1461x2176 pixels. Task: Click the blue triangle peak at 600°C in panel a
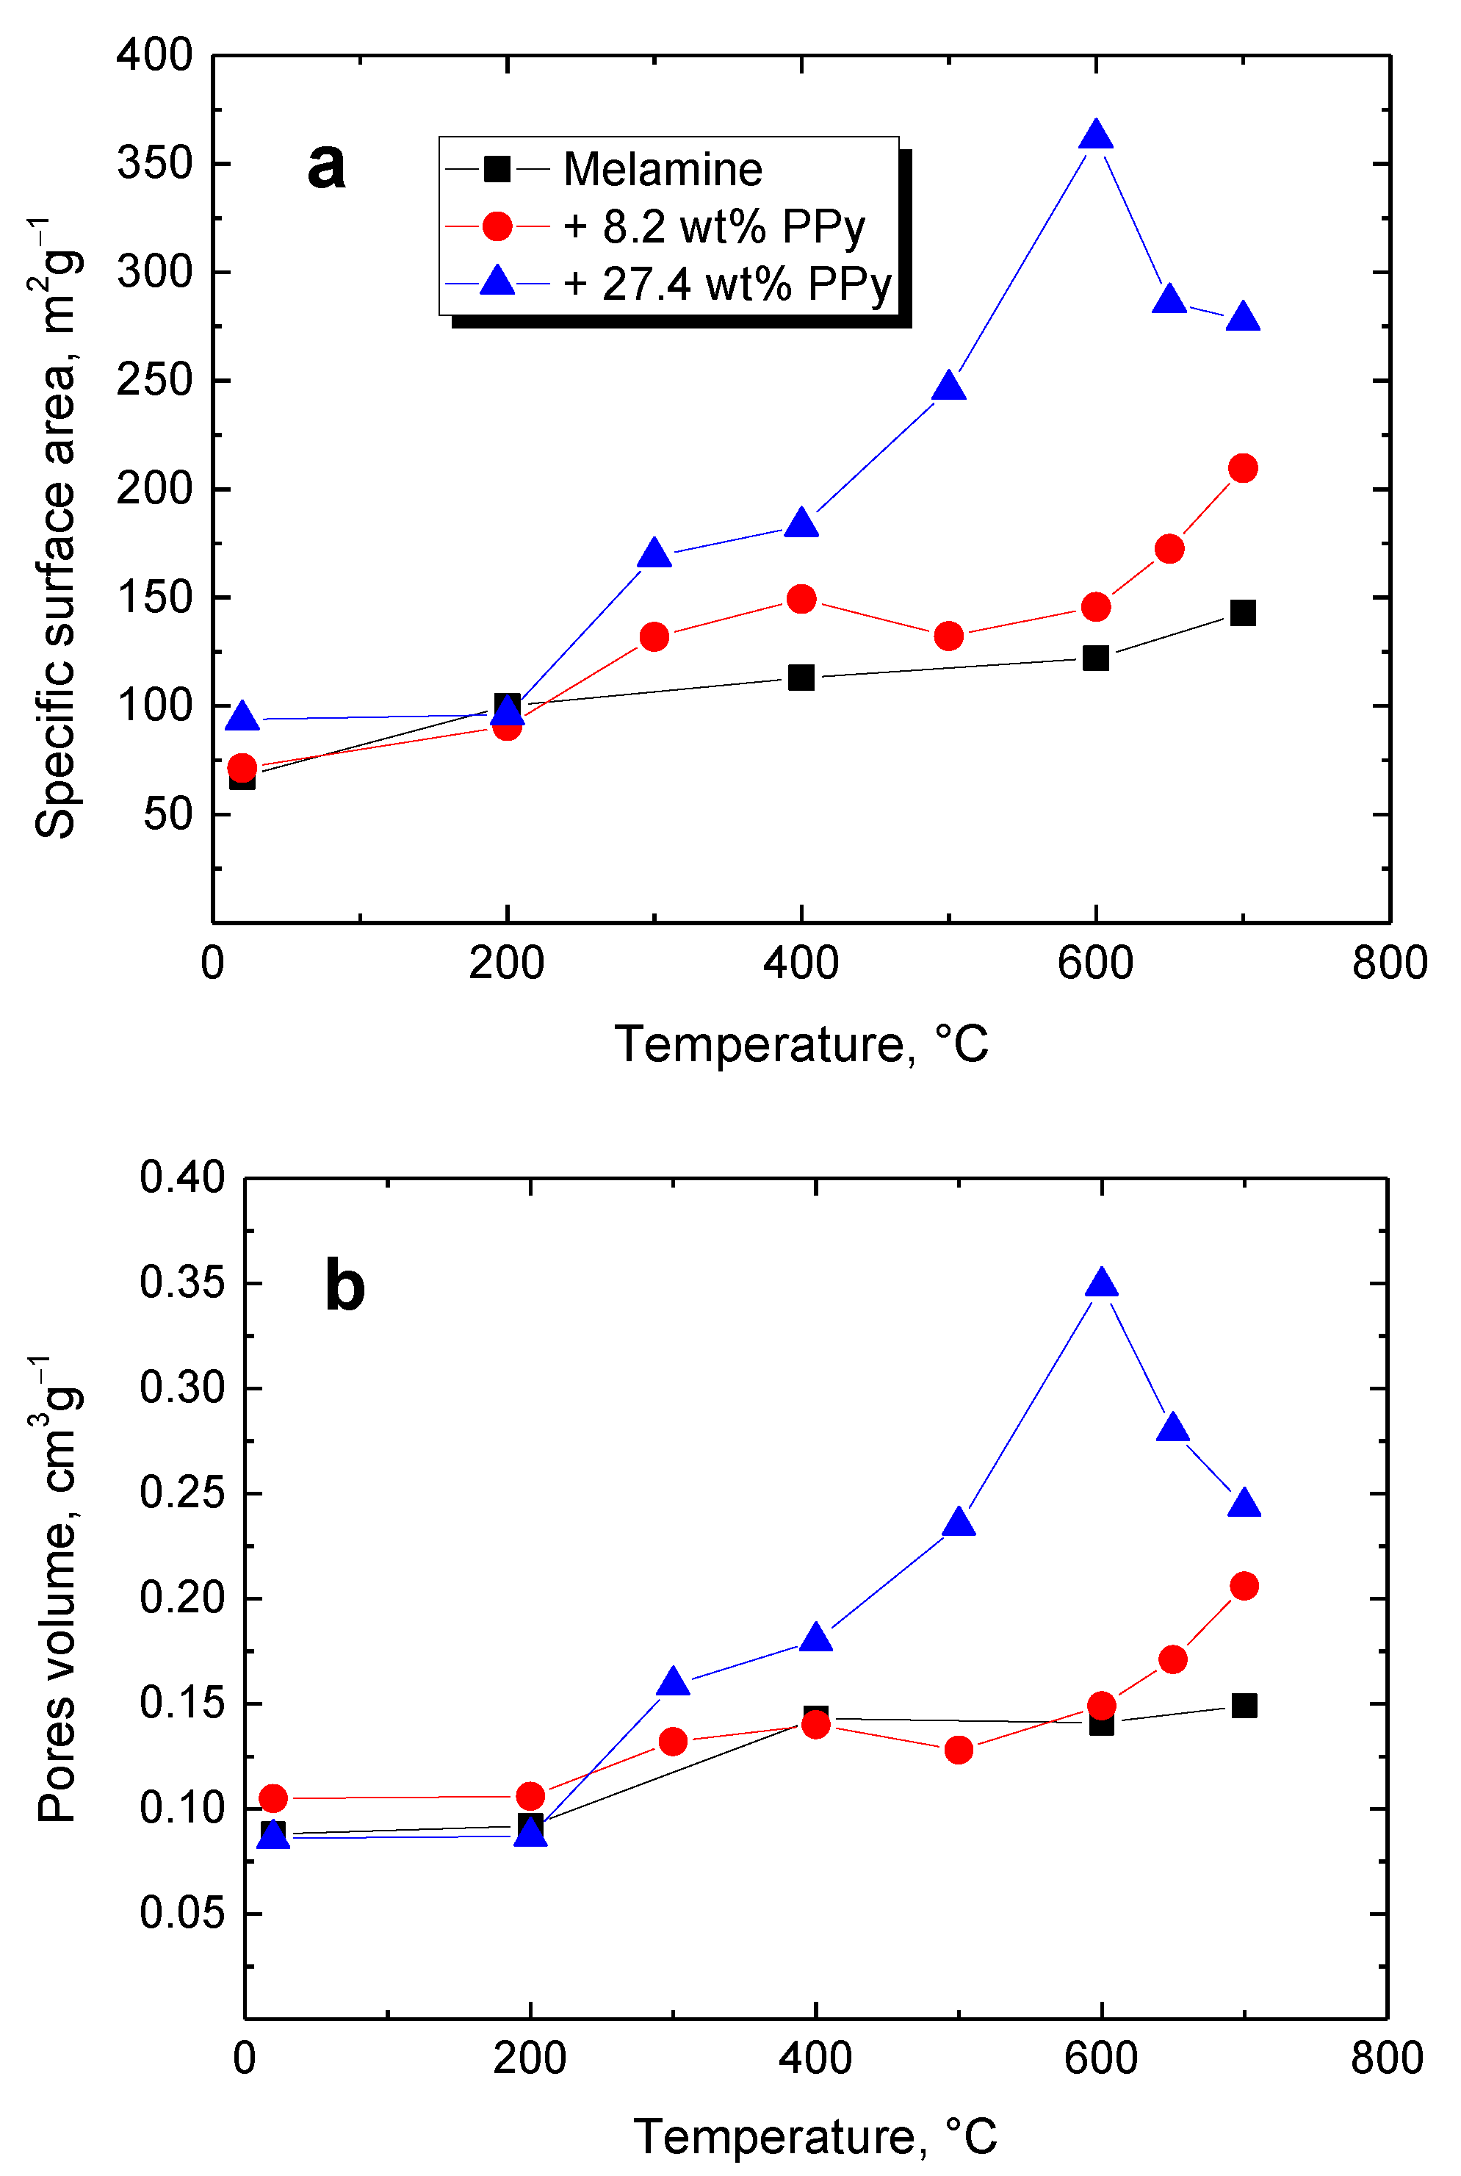[1096, 136]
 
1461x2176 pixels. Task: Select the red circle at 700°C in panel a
[1243, 468]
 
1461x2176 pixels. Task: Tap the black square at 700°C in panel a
[1243, 612]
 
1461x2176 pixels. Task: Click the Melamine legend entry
[663, 170]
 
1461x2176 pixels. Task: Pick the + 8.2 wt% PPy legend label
[715, 226]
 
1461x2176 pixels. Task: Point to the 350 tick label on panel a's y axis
[155, 163]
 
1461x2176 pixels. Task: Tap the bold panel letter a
[326, 166]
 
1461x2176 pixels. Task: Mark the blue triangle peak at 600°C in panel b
[1101, 1284]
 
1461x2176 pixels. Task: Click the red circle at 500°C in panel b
[959, 1750]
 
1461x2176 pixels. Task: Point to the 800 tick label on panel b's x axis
[1387, 2058]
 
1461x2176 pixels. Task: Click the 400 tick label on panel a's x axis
[801, 963]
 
